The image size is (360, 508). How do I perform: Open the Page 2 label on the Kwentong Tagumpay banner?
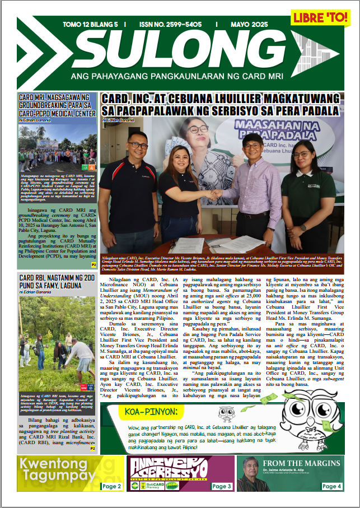[111, 486]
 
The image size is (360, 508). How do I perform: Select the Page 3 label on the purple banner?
[222, 486]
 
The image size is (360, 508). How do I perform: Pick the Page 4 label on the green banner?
[332, 486]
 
